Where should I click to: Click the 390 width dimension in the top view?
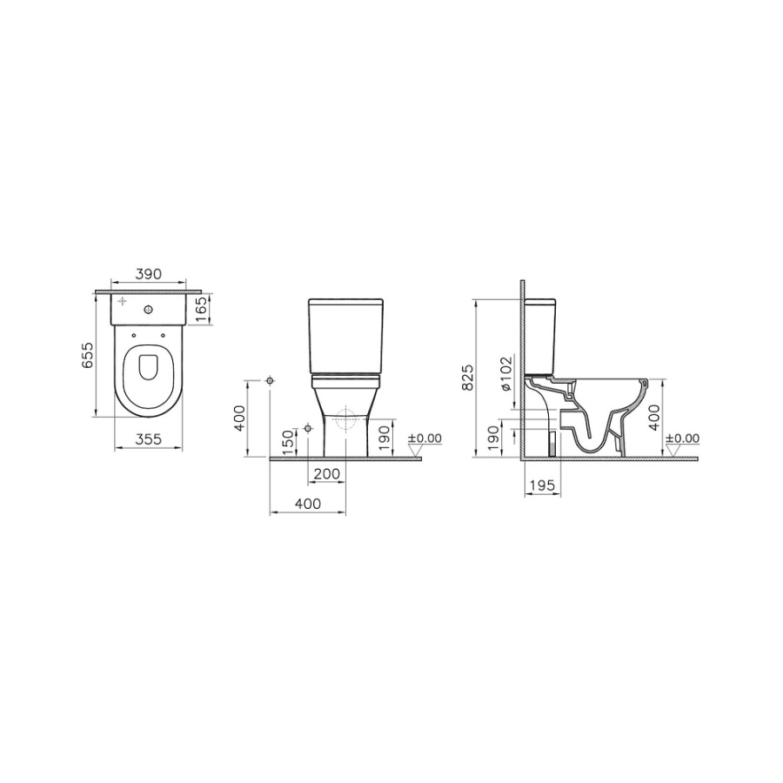[x=149, y=274]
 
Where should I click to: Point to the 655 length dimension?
[x=87, y=355]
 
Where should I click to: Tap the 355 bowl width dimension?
[x=149, y=439]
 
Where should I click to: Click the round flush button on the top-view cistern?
[x=148, y=310]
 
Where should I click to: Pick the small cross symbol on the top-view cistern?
[x=123, y=302]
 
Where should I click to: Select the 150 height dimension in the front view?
[x=289, y=442]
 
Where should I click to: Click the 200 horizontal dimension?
[x=327, y=474]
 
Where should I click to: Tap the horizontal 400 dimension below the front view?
[x=308, y=504]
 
